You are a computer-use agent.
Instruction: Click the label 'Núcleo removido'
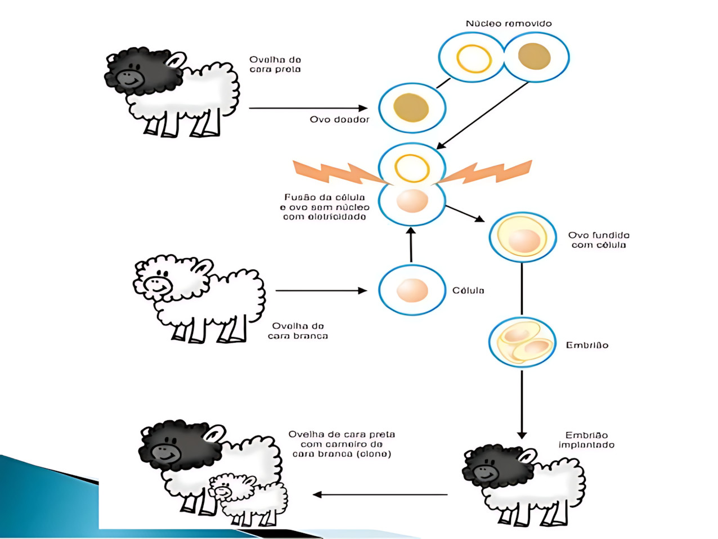tap(508, 24)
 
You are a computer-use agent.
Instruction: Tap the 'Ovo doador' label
tap(339, 119)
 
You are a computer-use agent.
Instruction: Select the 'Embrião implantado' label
tap(586, 440)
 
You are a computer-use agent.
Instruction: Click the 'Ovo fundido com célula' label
tap(598, 240)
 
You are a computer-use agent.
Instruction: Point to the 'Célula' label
tap(468, 290)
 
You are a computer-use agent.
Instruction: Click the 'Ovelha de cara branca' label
tap(298, 331)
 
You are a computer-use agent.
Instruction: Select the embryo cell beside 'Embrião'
tap(522, 342)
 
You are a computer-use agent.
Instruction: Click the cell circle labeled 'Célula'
tap(412, 290)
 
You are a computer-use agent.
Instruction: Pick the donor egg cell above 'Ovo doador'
tap(412, 107)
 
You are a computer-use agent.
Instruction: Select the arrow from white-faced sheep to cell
tap(321, 291)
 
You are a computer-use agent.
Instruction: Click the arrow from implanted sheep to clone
tap(380, 495)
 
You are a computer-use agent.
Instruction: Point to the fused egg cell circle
tap(522, 237)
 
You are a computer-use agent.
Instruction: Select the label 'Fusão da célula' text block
tap(325, 207)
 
